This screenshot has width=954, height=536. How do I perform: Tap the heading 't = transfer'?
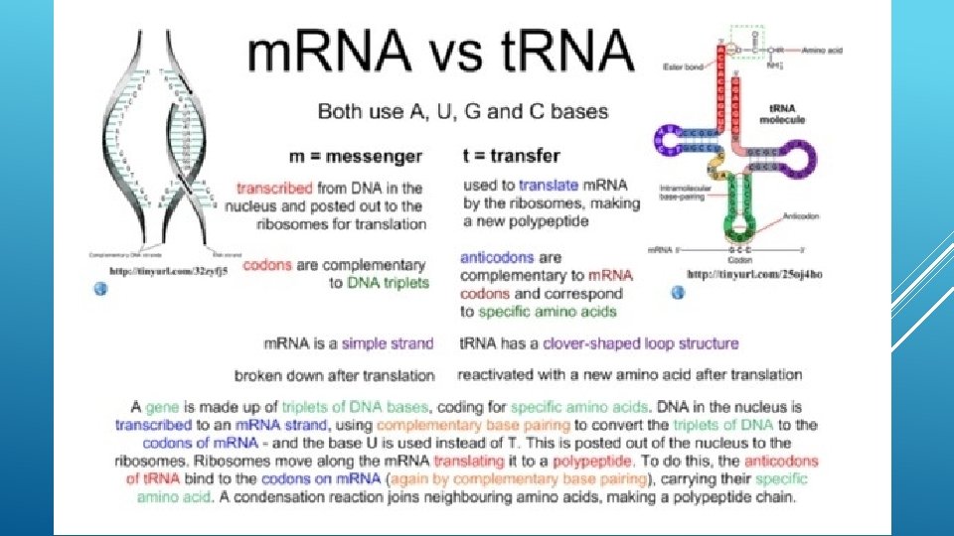coord(512,156)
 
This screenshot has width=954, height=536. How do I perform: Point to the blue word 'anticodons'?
coord(497,257)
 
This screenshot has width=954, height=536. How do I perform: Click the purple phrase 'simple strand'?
coord(388,343)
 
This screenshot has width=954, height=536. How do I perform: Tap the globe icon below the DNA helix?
coord(99,288)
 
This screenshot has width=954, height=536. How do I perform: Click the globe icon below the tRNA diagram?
coord(678,292)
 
